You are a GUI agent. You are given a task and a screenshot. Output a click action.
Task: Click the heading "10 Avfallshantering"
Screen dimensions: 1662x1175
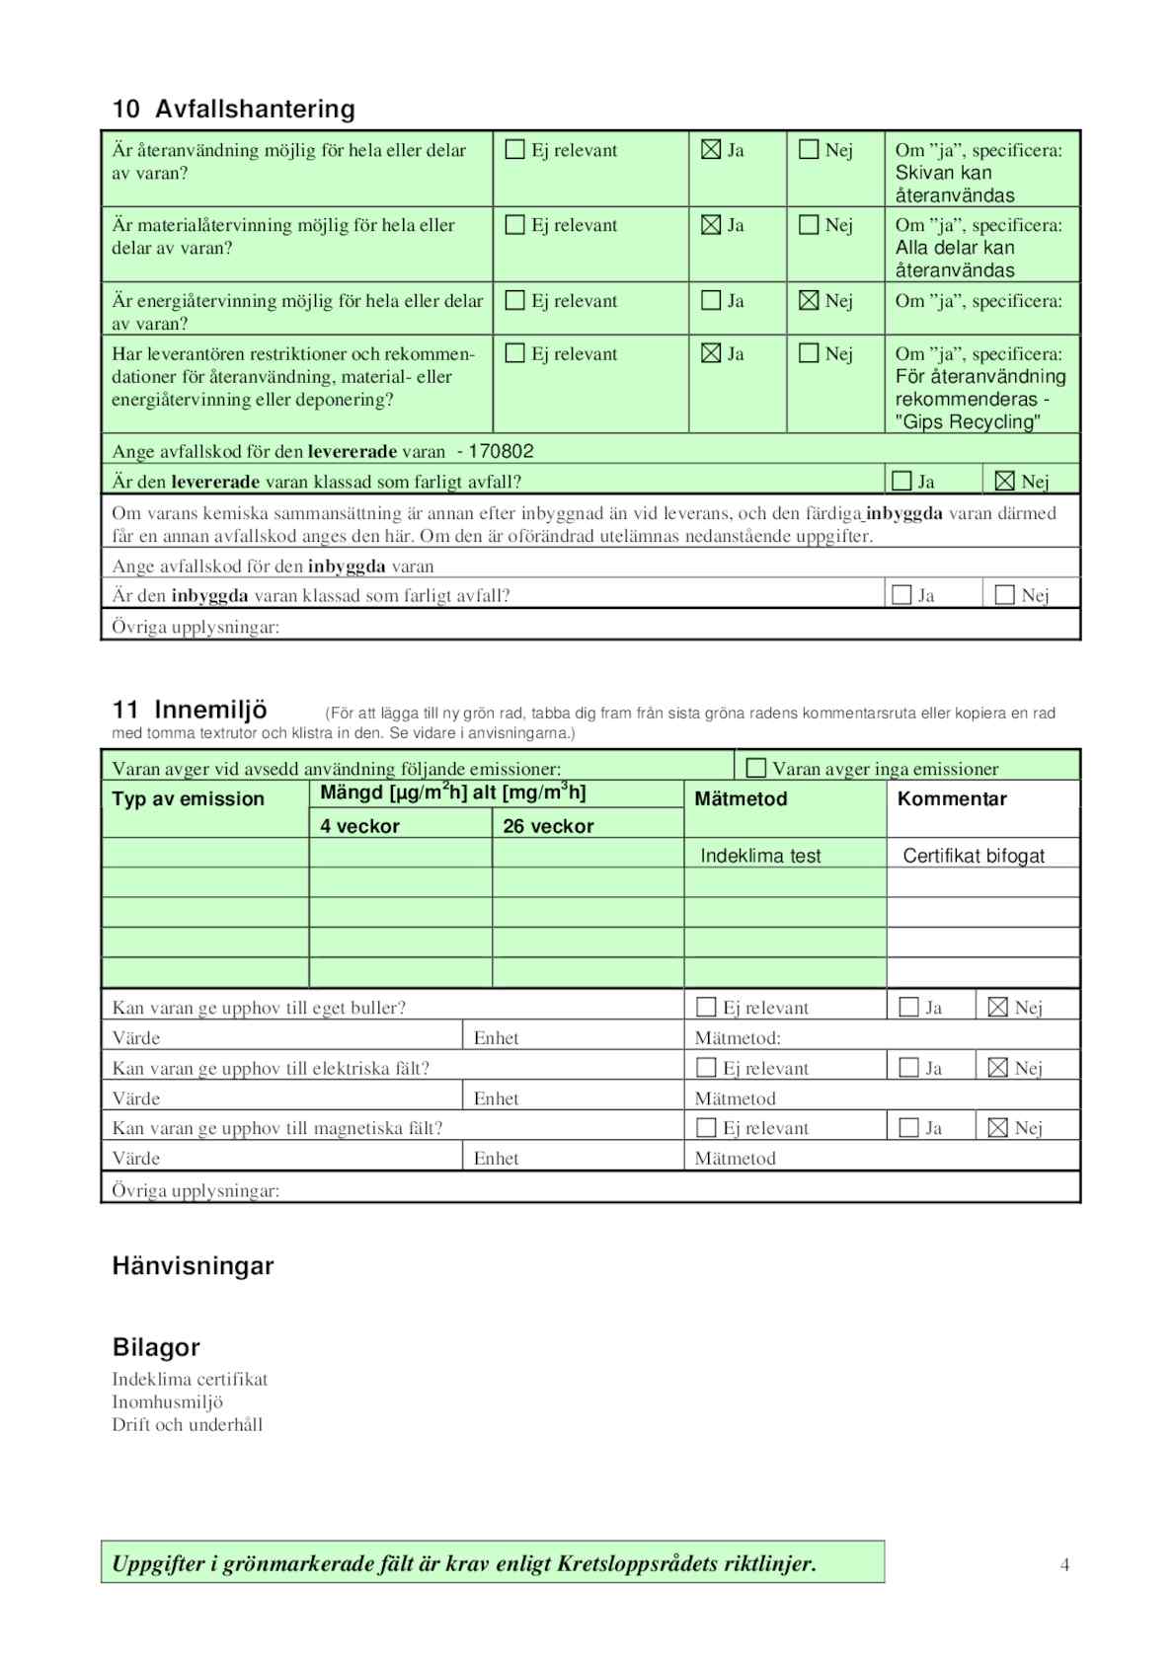click(x=233, y=109)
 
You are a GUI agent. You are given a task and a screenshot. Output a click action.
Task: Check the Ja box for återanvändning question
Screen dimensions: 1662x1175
click(x=711, y=150)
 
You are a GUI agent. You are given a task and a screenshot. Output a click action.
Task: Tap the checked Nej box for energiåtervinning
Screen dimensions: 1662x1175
click(x=809, y=301)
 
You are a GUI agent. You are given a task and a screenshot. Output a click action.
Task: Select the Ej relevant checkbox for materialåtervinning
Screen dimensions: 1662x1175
click(x=514, y=225)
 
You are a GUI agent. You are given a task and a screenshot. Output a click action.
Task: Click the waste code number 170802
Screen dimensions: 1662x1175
click(x=501, y=452)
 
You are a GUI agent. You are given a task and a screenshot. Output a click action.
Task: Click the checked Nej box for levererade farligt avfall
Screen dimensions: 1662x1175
click(x=1004, y=482)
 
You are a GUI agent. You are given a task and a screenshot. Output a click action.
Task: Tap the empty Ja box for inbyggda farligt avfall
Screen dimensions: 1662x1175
click(x=901, y=595)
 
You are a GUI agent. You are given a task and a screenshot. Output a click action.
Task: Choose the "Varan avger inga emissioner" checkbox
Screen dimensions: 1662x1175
click(x=756, y=768)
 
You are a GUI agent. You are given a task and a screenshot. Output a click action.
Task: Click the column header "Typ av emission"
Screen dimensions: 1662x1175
click(x=189, y=799)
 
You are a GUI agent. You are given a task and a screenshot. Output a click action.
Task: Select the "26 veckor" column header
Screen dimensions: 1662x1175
click(x=548, y=827)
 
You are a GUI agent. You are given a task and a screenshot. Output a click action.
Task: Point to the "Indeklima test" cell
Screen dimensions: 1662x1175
click(x=760, y=856)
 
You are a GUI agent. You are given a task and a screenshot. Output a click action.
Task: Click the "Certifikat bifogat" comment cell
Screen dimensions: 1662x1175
click(x=974, y=856)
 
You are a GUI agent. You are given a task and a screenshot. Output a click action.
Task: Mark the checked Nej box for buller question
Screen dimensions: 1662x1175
click(x=997, y=1008)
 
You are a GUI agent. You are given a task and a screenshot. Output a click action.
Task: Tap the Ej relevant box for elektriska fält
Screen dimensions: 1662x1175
click(x=706, y=1068)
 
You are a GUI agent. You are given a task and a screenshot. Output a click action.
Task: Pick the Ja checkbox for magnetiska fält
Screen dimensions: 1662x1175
click(x=909, y=1128)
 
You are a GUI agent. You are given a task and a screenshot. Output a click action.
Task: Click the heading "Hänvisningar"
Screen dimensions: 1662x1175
click(x=193, y=1266)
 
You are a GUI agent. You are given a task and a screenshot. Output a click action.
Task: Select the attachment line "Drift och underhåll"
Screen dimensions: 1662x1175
click(x=187, y=1425)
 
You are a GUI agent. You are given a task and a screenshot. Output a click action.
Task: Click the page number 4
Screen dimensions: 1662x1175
click(x=1064, y=1564)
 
